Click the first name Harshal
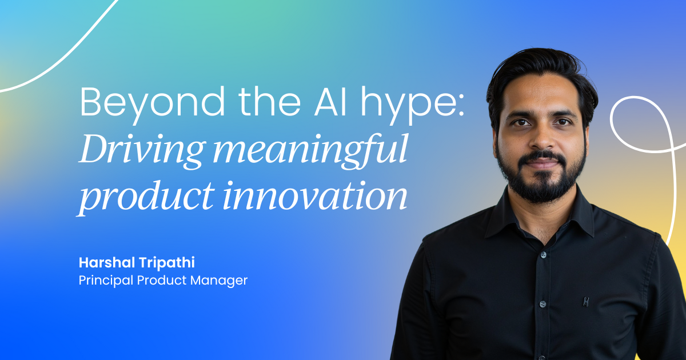coord(107,263)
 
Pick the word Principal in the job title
coord(106,281)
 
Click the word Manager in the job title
coord(219,281)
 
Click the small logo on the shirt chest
coord(586,302)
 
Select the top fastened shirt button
coord(543,255)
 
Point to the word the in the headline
coord(270,102)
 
